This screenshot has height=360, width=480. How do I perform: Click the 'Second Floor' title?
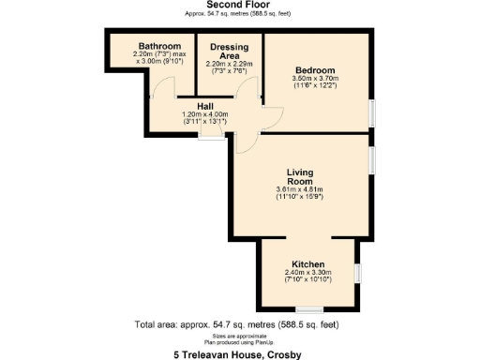239,6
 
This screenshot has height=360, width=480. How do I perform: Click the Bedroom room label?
313,68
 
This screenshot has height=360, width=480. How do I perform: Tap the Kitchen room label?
307,264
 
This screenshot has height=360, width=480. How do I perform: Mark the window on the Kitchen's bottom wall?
308,309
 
